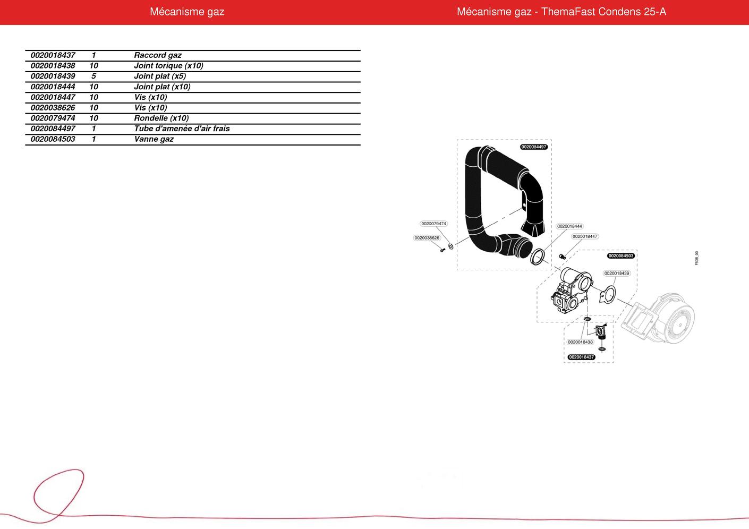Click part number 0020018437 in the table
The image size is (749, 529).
pos(53,55)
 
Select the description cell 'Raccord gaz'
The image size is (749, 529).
pos(158,55)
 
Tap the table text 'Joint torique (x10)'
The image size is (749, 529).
pos(168,65)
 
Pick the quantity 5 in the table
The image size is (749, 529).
pos(93,76)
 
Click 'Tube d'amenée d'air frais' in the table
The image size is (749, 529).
pos(182,129)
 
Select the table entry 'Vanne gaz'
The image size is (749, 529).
pos(154,139)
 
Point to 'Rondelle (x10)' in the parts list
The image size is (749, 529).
pos(161,118)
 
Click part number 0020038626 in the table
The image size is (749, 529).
pos(53,108)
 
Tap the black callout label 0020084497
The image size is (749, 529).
pos(534,147)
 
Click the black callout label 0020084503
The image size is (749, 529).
pos(621,256)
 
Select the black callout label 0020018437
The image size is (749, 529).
pos(582,357)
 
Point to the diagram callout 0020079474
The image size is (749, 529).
pos(433,224)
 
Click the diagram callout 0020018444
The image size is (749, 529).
pos(570,226)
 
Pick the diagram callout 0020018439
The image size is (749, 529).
pos(617,274)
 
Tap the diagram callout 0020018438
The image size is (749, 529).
pos(581,342)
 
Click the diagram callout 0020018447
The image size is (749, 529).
pos(585,236)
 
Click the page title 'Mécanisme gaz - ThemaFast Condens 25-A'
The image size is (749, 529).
pos(561,12)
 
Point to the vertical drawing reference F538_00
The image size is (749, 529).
pos(696,258)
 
